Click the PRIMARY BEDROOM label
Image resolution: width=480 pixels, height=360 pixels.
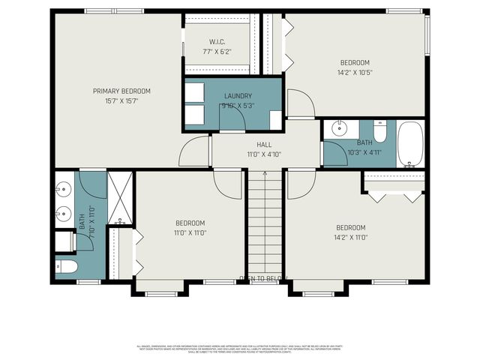point(121,91)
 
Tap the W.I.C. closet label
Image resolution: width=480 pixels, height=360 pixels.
point(217,42)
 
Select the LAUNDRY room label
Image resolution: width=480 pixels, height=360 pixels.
point(238,95)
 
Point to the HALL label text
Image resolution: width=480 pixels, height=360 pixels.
point(264,145)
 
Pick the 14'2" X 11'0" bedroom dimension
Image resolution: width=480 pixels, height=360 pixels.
point(350,237)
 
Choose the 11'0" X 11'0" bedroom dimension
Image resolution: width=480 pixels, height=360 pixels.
point(190,232)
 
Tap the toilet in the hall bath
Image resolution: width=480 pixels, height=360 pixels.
point(379,133)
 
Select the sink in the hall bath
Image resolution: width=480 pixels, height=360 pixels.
point(339,127)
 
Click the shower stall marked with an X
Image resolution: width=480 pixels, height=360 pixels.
point(120,196)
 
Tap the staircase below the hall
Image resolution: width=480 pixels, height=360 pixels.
point(264,225)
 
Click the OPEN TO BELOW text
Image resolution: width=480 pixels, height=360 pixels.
point(262,279)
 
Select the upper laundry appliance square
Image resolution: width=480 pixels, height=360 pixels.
point(196,91)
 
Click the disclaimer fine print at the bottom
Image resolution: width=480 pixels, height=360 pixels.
point(240,348)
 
